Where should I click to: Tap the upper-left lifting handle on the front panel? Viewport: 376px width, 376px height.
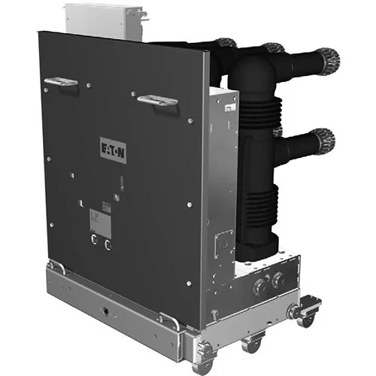[60, 81]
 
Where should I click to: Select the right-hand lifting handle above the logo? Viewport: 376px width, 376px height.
[157, 99]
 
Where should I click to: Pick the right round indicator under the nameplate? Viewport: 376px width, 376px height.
[108, 244]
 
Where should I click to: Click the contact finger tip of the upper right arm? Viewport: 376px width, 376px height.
[326, 58]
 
